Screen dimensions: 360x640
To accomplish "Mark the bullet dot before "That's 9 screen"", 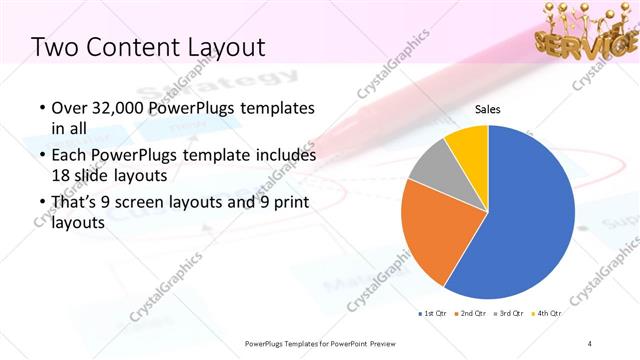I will point(40,204).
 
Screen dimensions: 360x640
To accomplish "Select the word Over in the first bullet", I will point(68,108).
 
